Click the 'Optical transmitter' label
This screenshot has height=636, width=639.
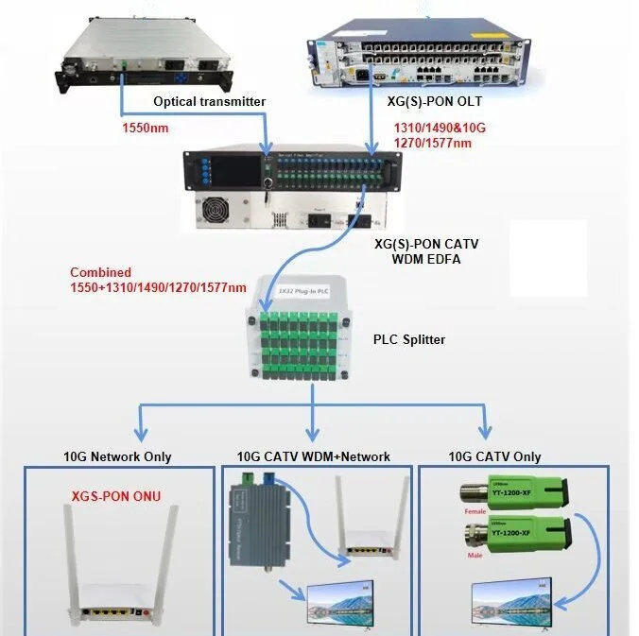click(x=209, y=101)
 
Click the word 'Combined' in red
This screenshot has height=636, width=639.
click(x=100, y=272)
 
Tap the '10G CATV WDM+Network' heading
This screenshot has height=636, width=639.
click(x=313, y=456)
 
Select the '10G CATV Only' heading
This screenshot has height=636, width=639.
click(x=494, y=456)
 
